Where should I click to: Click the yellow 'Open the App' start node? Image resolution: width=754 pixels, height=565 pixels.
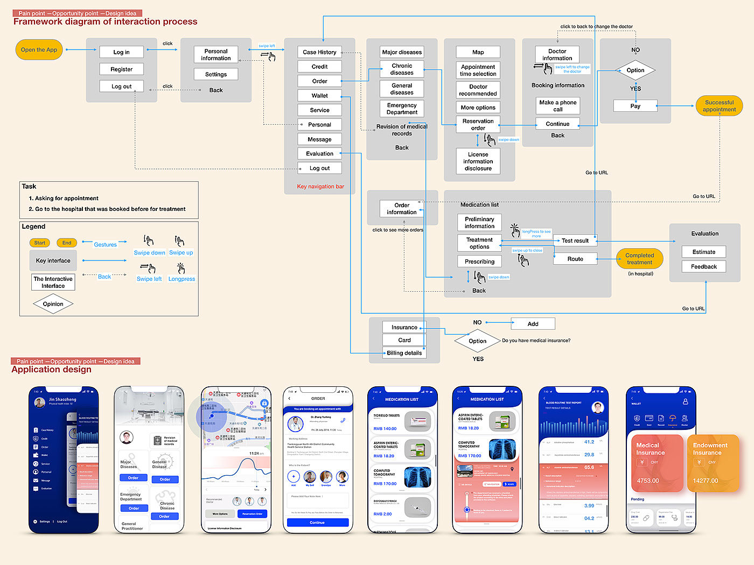tap(39, 50)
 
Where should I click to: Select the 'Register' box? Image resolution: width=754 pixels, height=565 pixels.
tap(121, 69)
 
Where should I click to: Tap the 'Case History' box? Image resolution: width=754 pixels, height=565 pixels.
tap(319, 52)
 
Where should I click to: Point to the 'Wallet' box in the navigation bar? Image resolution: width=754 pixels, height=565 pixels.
tap(319, 96)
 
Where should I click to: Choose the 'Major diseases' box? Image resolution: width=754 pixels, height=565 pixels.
tap(402, 52)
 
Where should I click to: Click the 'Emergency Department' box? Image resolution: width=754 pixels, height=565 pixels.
tap(402, 109)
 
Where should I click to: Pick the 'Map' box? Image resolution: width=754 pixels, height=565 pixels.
tap(478, 52)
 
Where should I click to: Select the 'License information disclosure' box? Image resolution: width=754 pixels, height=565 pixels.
tap(478, 161)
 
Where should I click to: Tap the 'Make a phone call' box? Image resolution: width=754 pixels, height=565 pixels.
tap(557, 105)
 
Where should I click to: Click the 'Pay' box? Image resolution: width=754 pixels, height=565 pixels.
tap(635, 106)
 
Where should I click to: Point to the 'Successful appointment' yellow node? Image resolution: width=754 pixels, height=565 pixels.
tap(719, 106)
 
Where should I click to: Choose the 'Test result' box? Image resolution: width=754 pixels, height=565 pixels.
tap(575, 241)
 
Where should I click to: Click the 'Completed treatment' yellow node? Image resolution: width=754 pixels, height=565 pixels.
tap(639, 259)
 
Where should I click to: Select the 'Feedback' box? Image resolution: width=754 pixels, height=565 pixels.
tap(703, 266)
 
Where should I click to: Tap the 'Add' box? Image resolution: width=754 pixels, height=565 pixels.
tap(533, 324)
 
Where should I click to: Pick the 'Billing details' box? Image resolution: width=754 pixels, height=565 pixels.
tap(404, 353)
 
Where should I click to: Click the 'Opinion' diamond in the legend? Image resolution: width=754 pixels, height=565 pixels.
tap(53, 304)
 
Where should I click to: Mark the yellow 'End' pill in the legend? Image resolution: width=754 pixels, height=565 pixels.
tap(67, 243)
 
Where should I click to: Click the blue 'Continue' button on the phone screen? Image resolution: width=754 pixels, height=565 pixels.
tap(317, 522)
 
